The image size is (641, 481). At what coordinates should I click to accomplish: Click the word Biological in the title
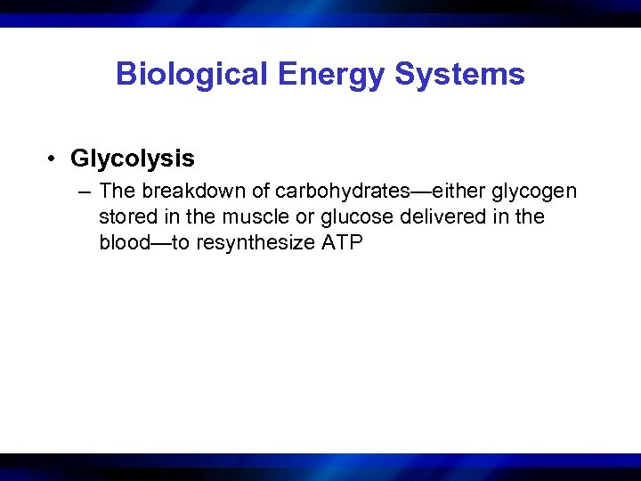coord(189,74)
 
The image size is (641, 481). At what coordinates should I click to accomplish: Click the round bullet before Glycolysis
coord(54,159)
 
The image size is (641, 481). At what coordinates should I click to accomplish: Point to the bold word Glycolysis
coord(133,159)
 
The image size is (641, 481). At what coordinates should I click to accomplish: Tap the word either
coord(458,191)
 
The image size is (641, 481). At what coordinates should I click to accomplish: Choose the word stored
coord(127,216)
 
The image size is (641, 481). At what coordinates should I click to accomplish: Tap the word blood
coord(126,242)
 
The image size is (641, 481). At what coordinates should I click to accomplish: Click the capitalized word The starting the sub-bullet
coord(116,191)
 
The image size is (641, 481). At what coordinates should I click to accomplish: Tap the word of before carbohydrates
coord(262,191)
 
